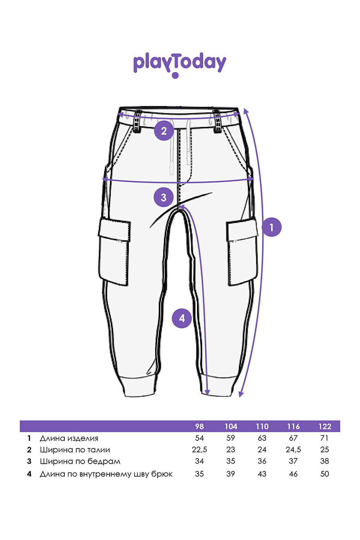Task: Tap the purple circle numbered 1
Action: click(271, 227)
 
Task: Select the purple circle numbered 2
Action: click(164, 131)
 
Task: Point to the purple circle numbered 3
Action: click(163, 197)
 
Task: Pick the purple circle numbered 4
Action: click(182, 318)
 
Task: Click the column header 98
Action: click(199, 426)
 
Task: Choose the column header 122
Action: click(325, 426)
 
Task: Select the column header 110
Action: click(262, 426)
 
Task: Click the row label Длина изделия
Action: click(69, 438)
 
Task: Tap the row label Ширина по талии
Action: click(75, 450)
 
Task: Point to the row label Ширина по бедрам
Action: click(80, 461)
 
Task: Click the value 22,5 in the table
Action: click(199, 450)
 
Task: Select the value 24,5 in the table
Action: click(293, 450)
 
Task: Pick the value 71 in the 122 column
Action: click(324, 438)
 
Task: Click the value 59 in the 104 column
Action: click(231, 438)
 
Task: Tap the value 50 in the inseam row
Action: click(325, 474)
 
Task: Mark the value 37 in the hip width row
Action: click(293, 461)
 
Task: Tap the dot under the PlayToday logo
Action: click(175, 75)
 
